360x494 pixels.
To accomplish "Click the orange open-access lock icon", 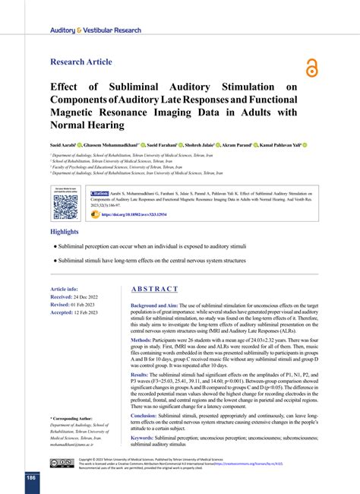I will (311, 68).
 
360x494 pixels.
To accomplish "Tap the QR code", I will (65, 207).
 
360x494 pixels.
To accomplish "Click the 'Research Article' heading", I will (81, 62).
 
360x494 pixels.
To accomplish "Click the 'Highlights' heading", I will (65, 231).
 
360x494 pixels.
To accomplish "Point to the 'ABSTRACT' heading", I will (154, 290).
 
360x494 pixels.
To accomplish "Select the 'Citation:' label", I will (105, 194).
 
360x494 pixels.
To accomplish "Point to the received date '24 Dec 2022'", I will (93, 297).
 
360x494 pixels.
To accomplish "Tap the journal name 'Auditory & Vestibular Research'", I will (95, 30).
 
